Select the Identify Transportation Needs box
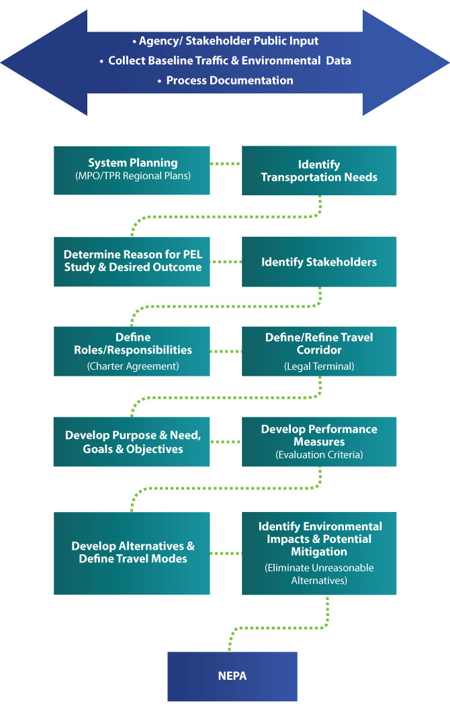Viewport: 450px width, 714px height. pos(319,170)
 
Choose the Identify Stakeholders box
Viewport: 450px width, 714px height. pos(319,262)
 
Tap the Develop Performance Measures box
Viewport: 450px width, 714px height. pos(319,442)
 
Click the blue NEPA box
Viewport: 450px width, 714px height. pos(232,676)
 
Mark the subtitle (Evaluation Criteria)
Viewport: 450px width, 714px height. pos(319,455)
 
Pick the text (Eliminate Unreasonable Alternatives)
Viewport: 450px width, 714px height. pos(319,574)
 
